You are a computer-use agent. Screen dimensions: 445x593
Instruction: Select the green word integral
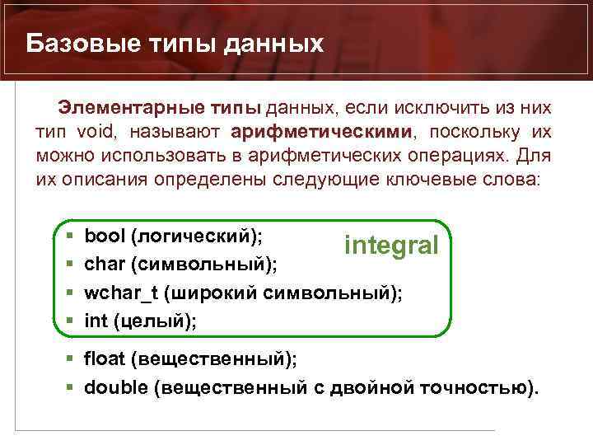pyautogui.click(x=391, y=245)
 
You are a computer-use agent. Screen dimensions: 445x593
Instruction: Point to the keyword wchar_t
pyautogui.click(x=120, y=293)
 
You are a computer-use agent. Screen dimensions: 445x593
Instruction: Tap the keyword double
pyautogui.click(x=114, y=388)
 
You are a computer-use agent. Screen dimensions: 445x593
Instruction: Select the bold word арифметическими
pyautogui.click(x=321, y=132)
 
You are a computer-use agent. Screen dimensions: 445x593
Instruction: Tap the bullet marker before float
pyautogui.click(x=69, y=359)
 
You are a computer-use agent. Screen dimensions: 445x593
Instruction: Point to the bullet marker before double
pyautogui.click(x=69, y=388)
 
